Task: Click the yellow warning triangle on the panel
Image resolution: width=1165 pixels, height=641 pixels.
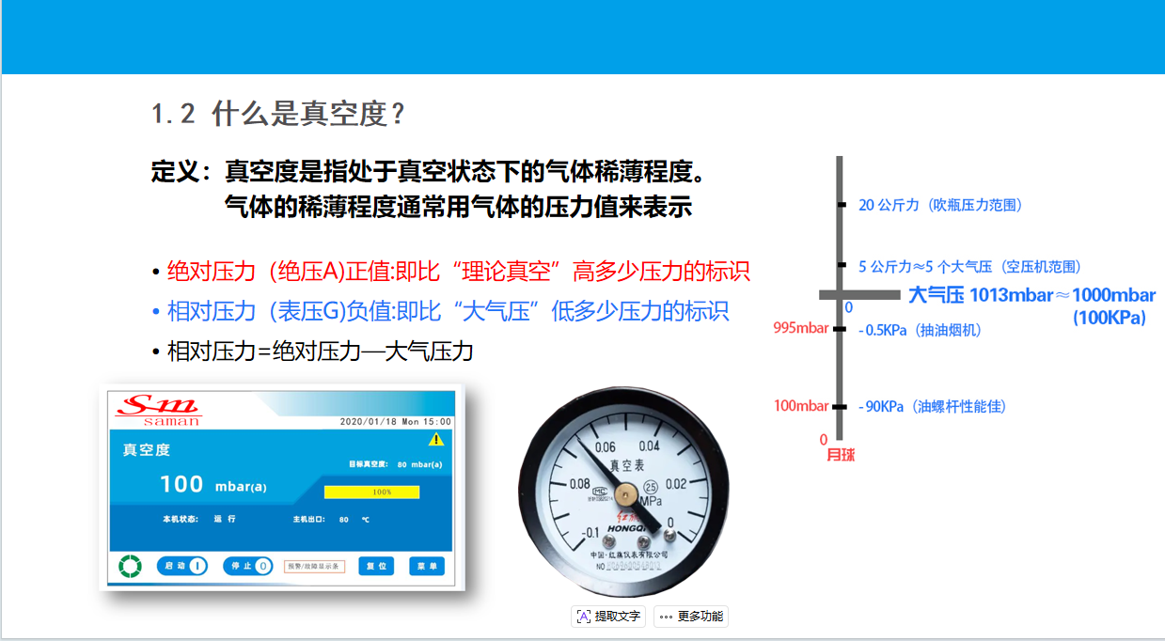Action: click(435, 439)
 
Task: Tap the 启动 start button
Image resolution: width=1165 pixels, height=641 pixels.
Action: click(182, 566)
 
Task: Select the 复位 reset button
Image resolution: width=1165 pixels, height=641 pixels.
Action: click(375, 566)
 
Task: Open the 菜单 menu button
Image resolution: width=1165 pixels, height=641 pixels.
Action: click(427, 566)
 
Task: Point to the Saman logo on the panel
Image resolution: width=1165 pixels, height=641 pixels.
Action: click(159, 409)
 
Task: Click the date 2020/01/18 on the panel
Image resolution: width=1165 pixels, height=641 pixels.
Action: click(368, 422)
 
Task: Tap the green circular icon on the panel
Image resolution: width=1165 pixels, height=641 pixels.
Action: click(130, 566)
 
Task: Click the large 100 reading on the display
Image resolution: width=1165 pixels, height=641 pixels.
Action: click(181, 484)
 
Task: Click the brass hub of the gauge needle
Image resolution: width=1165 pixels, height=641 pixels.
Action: click(625, 491)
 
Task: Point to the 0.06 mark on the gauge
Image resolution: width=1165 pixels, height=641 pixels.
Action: click(606, 447)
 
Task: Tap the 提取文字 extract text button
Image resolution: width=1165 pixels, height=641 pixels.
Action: click(608, 617)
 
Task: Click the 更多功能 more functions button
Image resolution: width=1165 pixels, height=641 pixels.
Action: click(691, 617)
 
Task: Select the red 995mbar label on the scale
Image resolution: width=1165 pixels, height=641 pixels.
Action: click(800, 328)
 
